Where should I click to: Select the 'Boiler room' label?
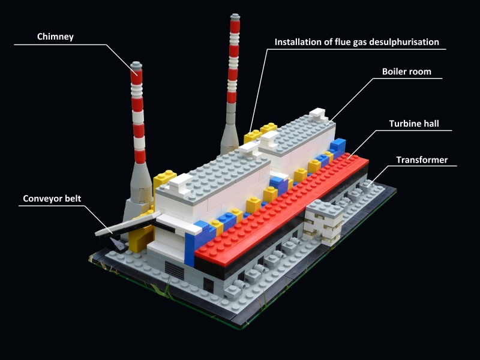[x=406, y=72]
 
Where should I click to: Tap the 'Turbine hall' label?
[x=414, y=124]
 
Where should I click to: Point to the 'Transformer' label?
[x=422, y=160]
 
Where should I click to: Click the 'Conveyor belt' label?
[x=52, y=199]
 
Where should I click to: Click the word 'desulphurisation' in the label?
[x=401, y=42]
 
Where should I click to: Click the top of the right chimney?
[x=234, y=16]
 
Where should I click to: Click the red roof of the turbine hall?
[x=282, y=204]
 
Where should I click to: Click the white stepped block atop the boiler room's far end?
[x=319, y=115]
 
